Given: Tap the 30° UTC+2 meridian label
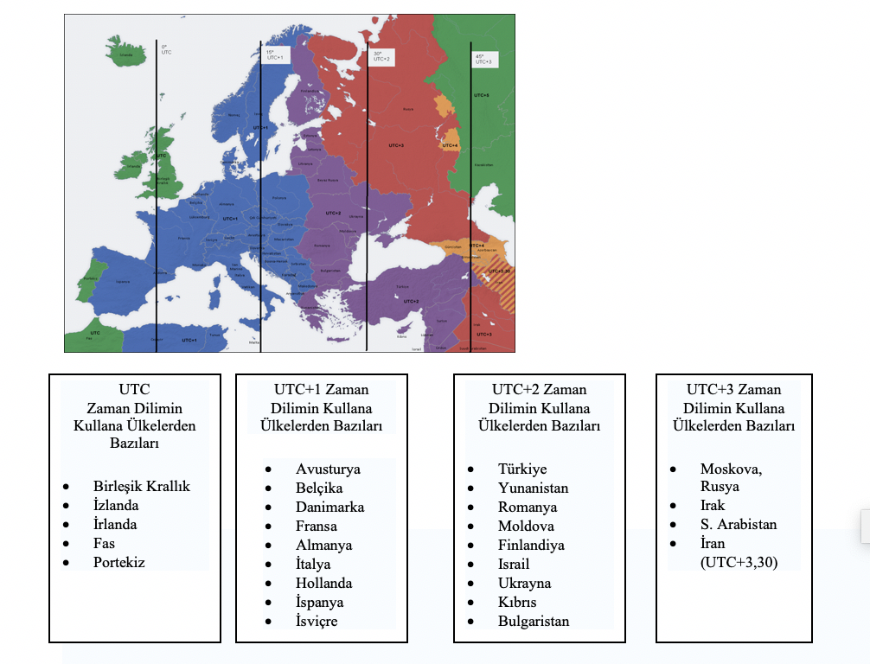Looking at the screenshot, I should point(381,56).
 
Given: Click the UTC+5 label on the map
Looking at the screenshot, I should point(482,95).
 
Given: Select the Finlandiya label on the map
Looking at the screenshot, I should point(309,91).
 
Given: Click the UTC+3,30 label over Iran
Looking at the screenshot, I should point(499,271).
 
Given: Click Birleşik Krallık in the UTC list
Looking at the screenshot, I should point(141,486).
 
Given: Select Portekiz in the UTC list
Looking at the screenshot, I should point(118,562).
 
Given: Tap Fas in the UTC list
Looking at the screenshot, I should point(104,543).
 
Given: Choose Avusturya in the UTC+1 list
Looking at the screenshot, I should point(328,469).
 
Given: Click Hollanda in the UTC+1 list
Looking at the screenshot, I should point(324,583).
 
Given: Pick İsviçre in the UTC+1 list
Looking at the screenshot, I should point(317,621).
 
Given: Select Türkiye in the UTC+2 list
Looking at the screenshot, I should point(522,469).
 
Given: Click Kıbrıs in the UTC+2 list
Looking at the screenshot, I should point(517,602).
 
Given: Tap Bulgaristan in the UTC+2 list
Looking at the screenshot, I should point(534,621).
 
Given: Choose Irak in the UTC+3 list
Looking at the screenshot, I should point(713,505).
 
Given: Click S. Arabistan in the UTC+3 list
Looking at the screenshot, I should point(739,524).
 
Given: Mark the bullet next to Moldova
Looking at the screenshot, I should point(470,526).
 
